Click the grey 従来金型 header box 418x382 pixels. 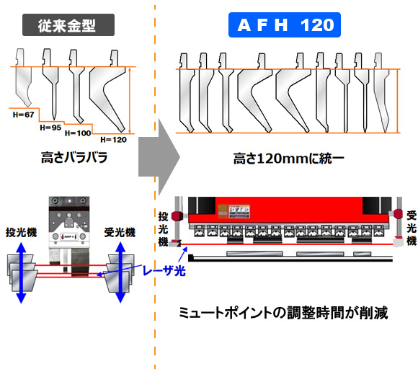click(68, 25)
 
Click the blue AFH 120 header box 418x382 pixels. click(285, 25)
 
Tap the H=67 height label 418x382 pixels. click(24, 115)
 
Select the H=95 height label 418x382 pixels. click(50, 128)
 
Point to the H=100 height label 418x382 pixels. click(78, 133)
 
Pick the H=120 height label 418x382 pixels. click(114, 140)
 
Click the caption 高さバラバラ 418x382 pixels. click(74, 157)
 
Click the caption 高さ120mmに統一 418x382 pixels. click(289, 159)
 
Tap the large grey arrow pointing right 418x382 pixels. click(159, 157)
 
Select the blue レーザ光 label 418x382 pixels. click(164, 271)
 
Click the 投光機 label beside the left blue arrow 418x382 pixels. click(22, 233)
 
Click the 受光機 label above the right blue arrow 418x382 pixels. click(120, 233)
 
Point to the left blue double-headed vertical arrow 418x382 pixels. click(21, 272)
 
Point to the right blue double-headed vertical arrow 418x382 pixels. click(120, 272)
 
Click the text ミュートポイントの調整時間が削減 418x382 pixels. click(283, 312)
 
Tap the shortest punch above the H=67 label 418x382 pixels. click(23, 77)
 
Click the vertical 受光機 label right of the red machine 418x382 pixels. click(412, 228)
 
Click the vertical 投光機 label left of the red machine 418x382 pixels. click(163, 229)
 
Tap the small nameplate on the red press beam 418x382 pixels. click(234, 211)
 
